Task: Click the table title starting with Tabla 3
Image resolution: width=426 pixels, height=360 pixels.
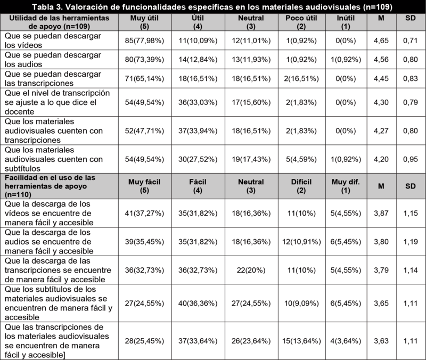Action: [x=212, y=6]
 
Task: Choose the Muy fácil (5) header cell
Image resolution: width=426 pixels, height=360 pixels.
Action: [x=145, y=184]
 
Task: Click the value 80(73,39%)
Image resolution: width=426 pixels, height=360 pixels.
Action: [x=145, y=59]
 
